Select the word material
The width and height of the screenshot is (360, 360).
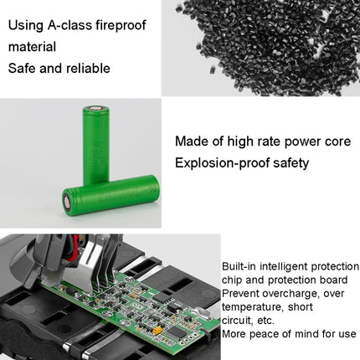[32, 47]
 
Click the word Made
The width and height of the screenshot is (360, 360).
[192, 141]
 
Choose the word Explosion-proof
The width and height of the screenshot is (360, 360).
[218, 163]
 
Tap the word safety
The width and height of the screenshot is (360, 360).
[286, 163]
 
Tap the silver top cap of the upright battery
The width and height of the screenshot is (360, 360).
[95, 107]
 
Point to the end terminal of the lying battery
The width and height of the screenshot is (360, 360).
[69, 203]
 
